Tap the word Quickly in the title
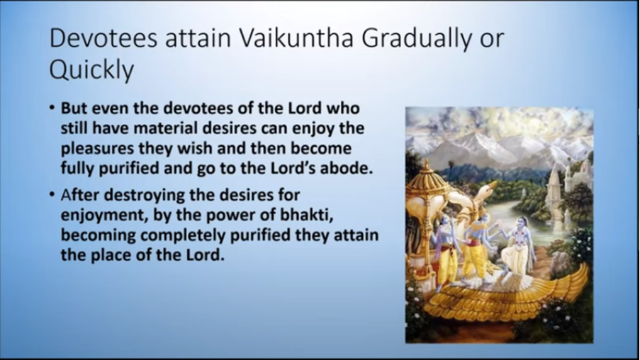tap(91, 70)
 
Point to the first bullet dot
tap(52, 108)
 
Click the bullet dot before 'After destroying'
tap(52, 194)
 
